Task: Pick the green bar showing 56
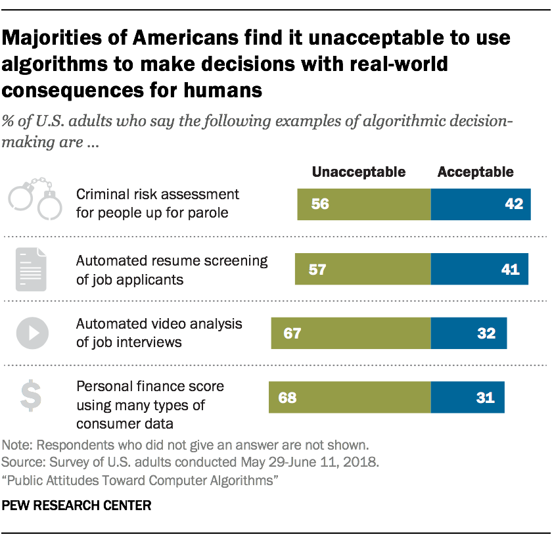364,203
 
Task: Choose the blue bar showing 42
480,203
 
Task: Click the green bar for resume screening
363,269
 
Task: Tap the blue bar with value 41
479,269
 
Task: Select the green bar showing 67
352,333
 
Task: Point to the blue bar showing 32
469,333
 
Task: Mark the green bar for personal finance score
350,397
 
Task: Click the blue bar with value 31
467,397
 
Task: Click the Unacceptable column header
358,172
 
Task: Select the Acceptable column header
475,172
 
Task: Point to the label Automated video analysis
159,324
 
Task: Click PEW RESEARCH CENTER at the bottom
77,506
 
